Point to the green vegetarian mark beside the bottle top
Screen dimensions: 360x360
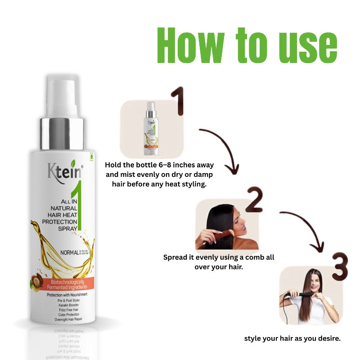point(92,156)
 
